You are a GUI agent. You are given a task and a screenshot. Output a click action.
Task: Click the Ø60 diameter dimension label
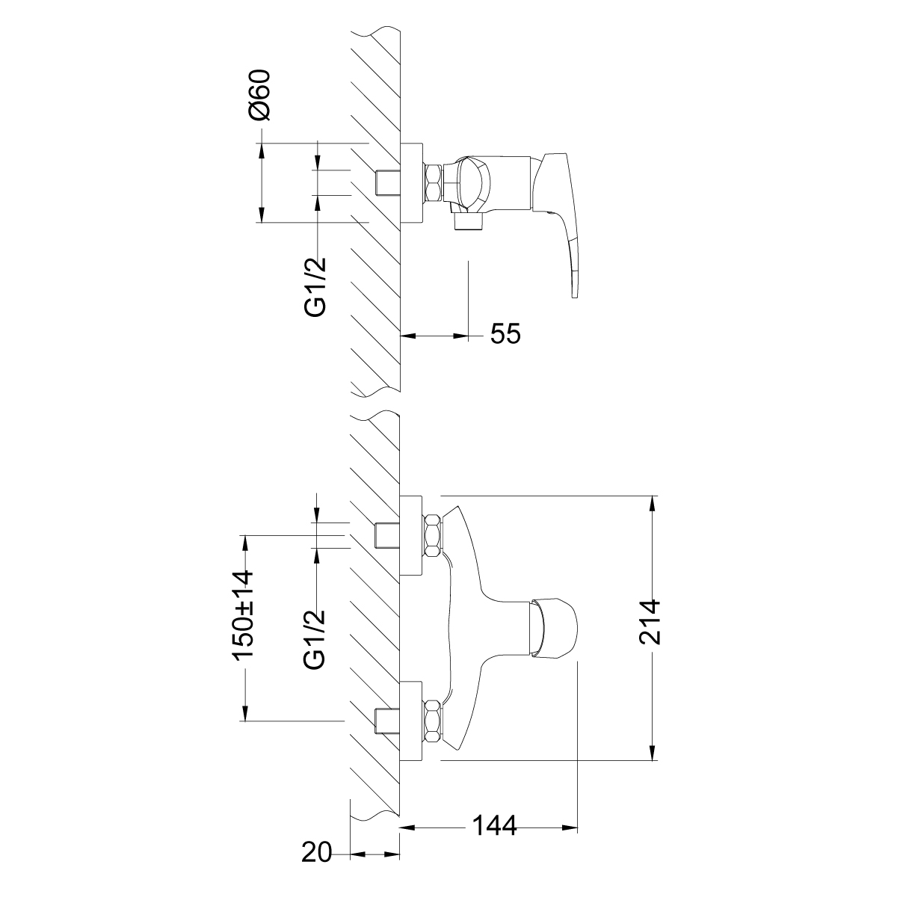[259, 96]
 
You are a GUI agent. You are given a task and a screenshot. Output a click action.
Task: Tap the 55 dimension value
[505, 333]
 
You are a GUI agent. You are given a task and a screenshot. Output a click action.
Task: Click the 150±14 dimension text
[244, 614]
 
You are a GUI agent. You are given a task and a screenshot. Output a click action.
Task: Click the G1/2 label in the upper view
[315, 287]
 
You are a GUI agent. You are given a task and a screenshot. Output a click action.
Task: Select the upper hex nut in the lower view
[433, 535]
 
